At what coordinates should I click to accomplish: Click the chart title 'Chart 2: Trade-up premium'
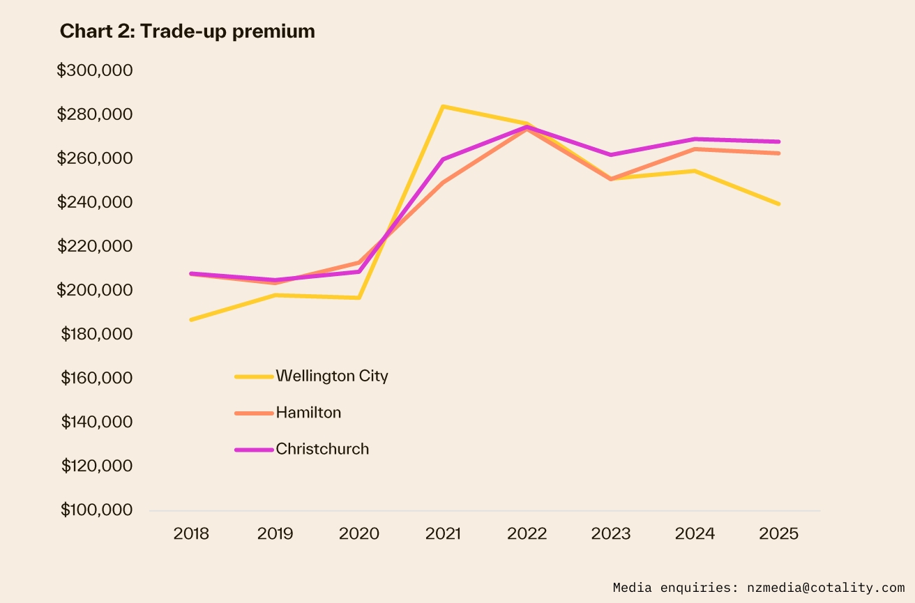[x=187, y=31]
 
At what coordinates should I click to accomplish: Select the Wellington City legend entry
[x=331, y=376]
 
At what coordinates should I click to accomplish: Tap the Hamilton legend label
[x=308, y=413]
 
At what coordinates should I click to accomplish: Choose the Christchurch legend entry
[x=322, y=449]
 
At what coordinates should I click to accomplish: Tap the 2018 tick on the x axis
[x=191, y=534]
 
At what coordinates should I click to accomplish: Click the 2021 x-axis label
[x=443, y=534]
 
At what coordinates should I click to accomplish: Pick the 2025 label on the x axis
[x=778, y=534]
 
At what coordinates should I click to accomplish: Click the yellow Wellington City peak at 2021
[x=443, y=107]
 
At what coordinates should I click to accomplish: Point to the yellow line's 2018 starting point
[x=191, y=319]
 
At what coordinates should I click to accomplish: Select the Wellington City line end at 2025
[x=778, y=204]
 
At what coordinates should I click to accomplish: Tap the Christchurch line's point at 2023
[x=611, y=155]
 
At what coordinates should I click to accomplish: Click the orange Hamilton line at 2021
[x=443, y=183]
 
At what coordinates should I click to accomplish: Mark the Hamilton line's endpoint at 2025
[x=778, y=153]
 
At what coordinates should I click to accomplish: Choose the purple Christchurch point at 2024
[x=695, y=139]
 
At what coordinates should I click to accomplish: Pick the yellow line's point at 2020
[x=359, y=298]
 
